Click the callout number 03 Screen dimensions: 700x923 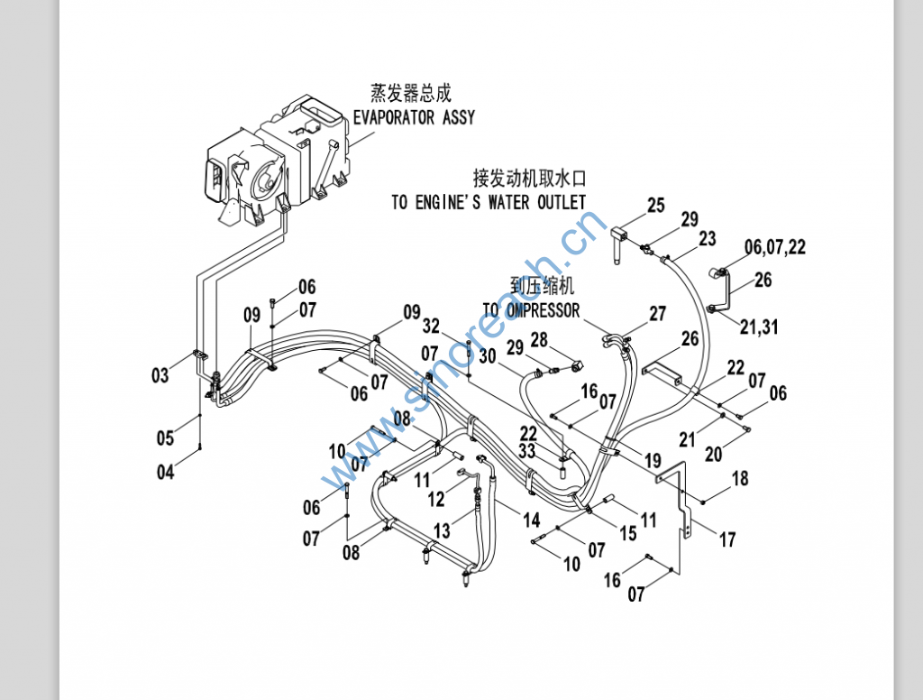[160, 375]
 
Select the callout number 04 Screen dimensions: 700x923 [166, 471]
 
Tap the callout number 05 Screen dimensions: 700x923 [165, 438]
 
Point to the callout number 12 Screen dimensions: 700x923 [436, 498]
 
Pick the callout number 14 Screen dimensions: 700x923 [532, 520]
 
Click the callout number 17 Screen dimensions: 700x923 [727, 539]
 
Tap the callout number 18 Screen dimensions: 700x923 [740, 478]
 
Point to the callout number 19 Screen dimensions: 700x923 [653, 461]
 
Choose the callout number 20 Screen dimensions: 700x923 [714, 454]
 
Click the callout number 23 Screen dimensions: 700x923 [707, 238]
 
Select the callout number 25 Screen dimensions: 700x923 [655, 206]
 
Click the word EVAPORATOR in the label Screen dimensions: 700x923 [391, 117]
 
